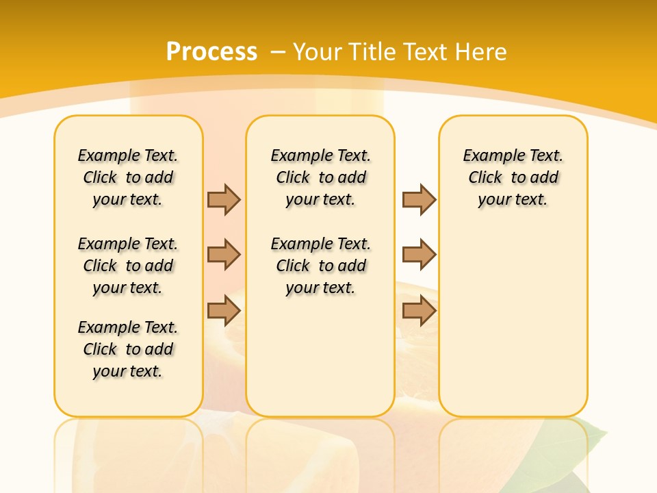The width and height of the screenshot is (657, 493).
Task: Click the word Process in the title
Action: click(211, 51)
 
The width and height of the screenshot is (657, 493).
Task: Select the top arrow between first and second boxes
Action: click(224, 199)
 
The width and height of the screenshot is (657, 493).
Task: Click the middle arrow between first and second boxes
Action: click(224, 255)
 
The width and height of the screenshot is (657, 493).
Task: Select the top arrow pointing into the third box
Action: click(419, 199)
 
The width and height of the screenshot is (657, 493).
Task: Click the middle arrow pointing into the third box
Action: click(419, 255)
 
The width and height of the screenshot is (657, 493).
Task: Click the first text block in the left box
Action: click(128, 177)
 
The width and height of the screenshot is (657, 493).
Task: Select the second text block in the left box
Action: click(128, 266)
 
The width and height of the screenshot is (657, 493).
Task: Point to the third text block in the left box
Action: click(128, 349)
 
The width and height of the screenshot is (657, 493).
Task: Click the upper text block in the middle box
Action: click(320, 177)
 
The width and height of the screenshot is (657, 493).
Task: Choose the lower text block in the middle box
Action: click(320, 266)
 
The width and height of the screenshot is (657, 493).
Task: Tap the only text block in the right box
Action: click(513, 177)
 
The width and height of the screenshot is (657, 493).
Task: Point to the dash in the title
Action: click(278, 52)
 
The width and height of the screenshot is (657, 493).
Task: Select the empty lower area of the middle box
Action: click(320, 356)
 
